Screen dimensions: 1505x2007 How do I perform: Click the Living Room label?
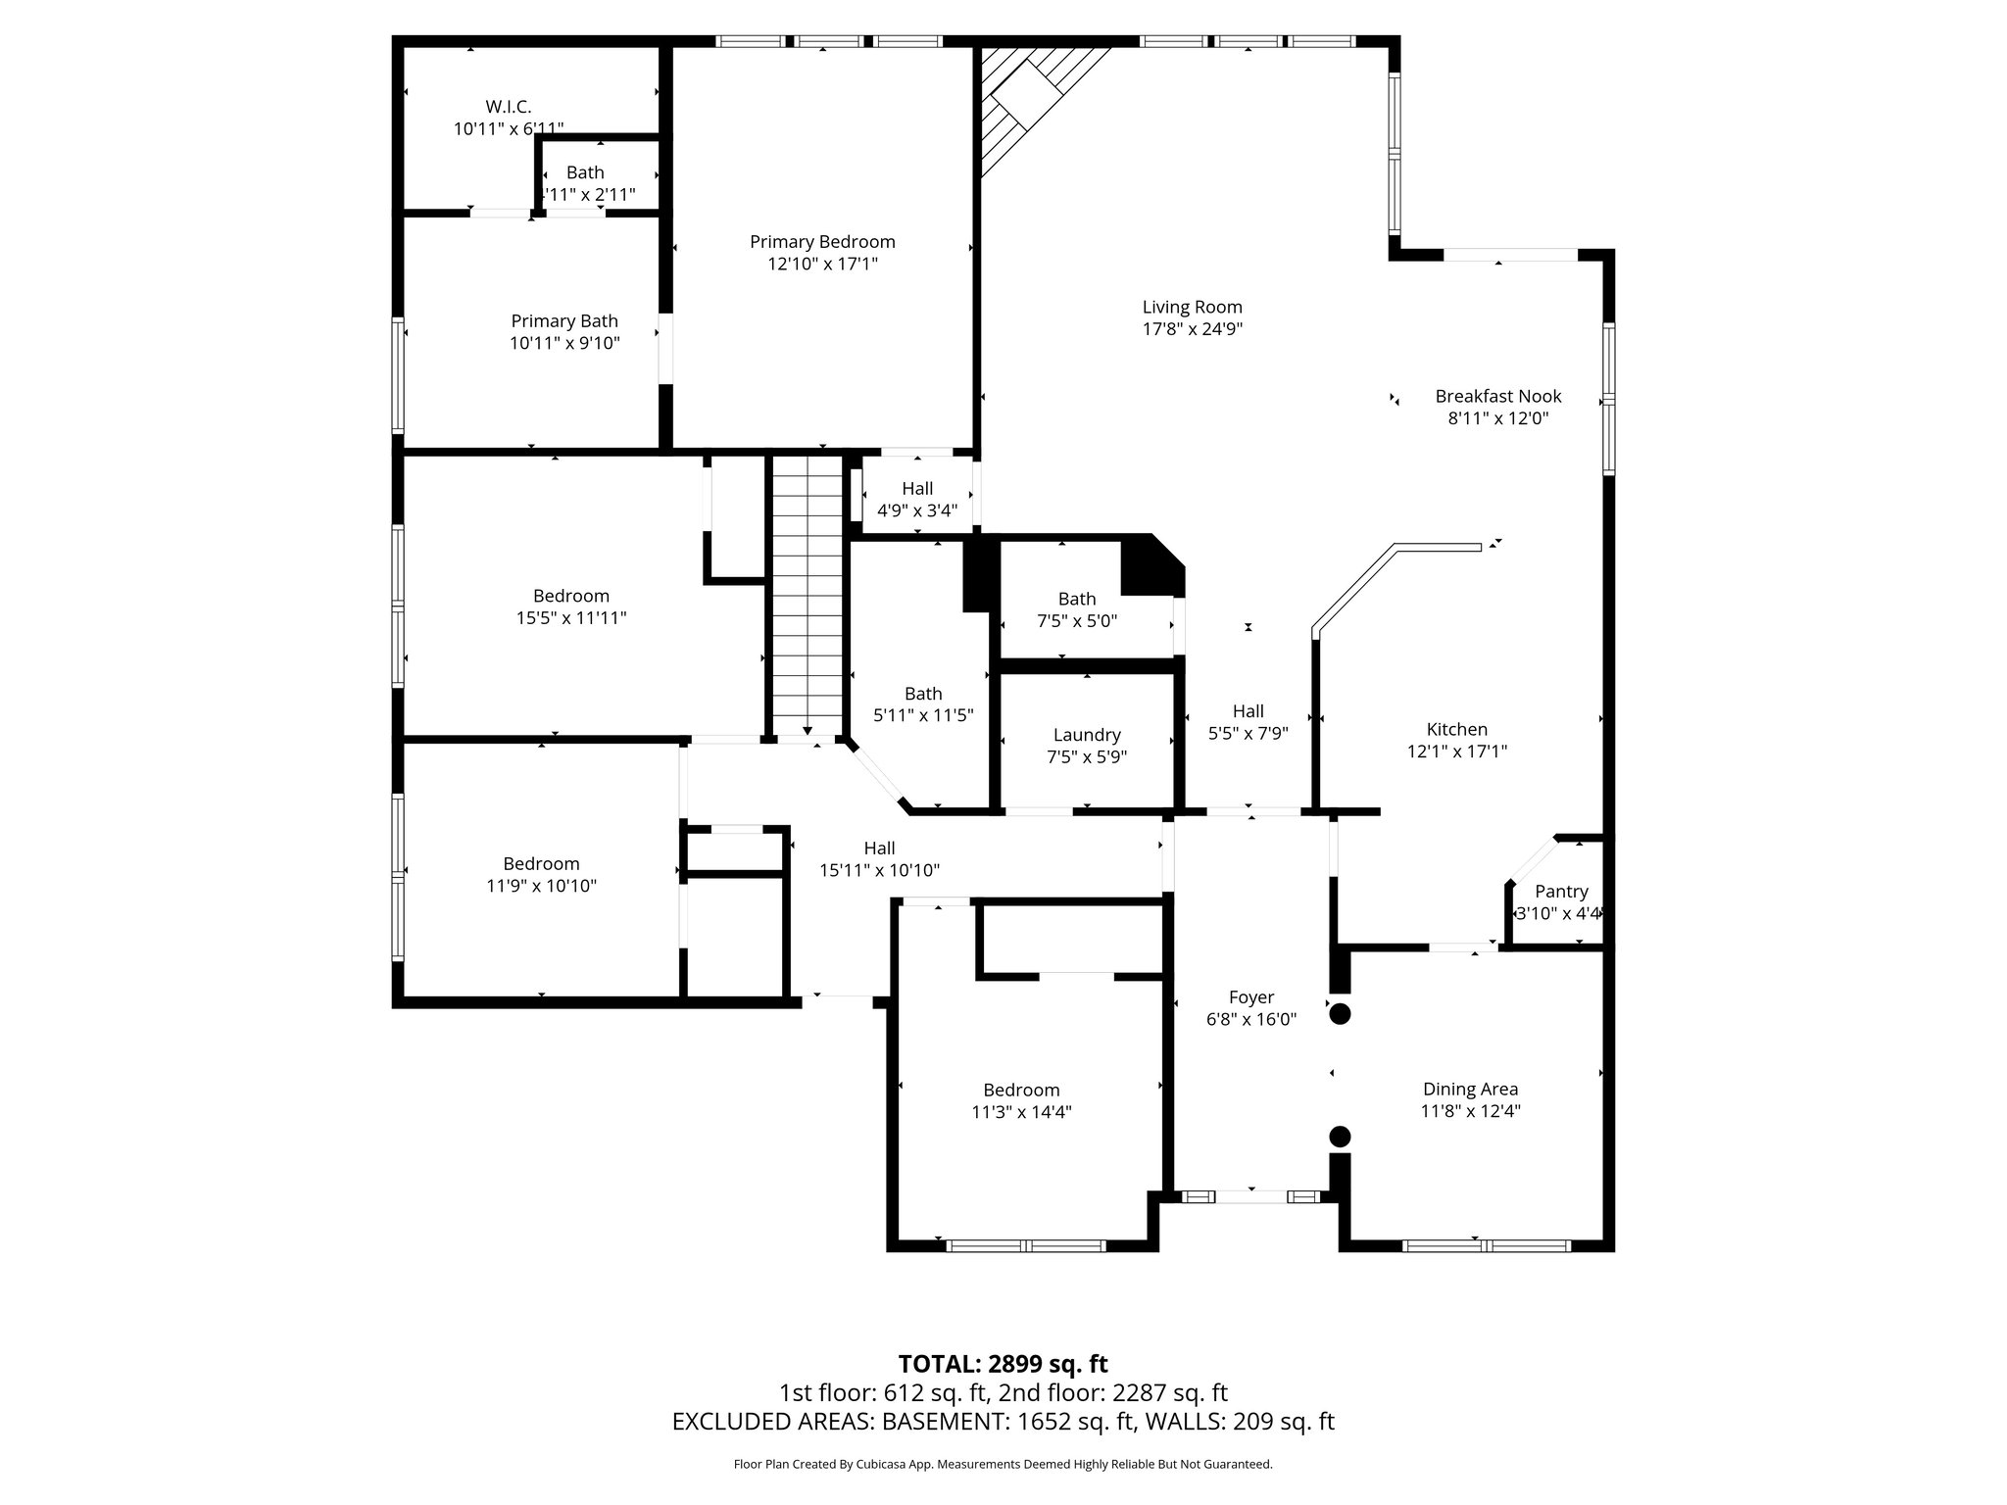point(1192,307)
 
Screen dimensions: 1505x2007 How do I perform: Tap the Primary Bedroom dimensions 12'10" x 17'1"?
point(822,264)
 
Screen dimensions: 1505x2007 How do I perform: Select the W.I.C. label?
point(509,107)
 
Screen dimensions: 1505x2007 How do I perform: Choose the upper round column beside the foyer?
point(1340,1015)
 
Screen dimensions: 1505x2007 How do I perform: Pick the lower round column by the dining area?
point(1340,1137)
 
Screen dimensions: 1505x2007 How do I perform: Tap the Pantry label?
point(1561,891)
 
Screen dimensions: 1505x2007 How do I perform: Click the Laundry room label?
point(1087,735)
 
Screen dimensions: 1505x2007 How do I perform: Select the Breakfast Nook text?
point(1497,396)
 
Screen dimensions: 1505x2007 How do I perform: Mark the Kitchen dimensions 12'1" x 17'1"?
point(1457,752)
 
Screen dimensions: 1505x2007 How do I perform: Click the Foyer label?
point(1251,997)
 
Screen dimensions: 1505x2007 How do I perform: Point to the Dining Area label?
point(1470,1089)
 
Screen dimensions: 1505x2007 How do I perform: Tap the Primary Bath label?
point(564,320)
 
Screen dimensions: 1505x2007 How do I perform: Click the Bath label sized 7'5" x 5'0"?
point(1077,599)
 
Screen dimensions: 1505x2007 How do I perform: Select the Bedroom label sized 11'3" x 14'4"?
point(1021,1090)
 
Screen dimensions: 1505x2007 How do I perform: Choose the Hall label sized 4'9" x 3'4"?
point(917,488)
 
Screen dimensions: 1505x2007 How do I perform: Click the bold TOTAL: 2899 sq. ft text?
point(1003,1364)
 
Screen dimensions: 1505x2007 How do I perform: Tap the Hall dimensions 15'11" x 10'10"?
point(879,870)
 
